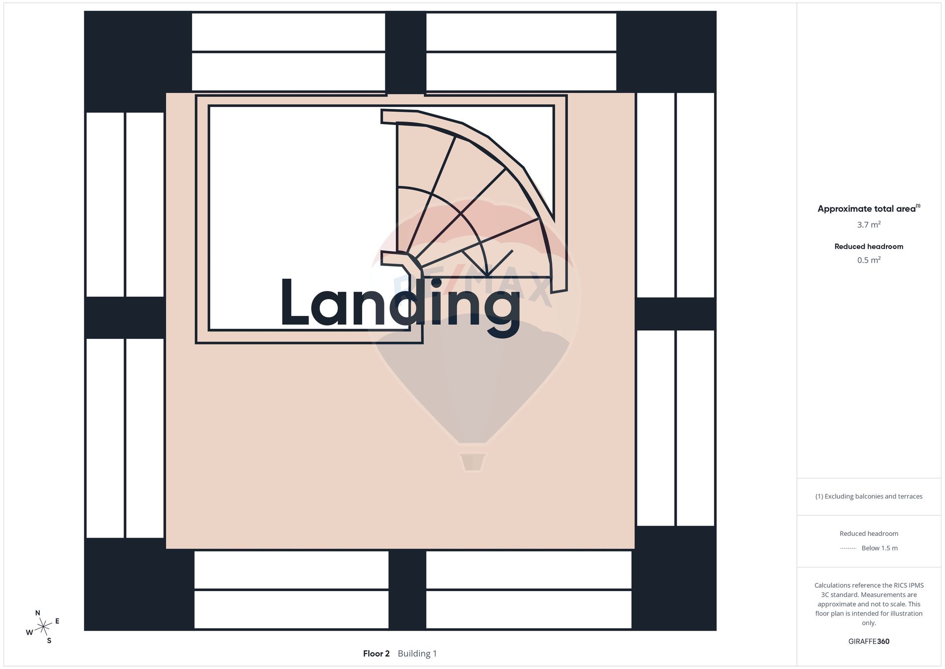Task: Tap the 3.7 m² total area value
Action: coord(869,225)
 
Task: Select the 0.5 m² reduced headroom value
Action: coord(869,260)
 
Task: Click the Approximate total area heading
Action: coord(866,209)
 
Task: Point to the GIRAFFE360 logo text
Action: coord(869,641)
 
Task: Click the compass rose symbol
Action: coord(43,627)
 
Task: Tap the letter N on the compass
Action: coord(38,613)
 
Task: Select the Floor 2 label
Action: coord(376,654)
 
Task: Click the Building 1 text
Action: coord(417,654)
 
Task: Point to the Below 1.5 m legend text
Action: coord(880,548)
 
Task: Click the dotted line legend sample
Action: coord(848,548)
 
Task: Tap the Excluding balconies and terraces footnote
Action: coord(869,497)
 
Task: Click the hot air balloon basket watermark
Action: coord(472,462)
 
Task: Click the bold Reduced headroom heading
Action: coord(869,246)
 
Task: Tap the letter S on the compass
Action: coord(49,641)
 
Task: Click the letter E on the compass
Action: coord(57,621)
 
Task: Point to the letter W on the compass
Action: coord(30,633)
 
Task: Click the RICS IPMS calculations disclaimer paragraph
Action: coord(869,604)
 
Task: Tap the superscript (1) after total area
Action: coord(918,206)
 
